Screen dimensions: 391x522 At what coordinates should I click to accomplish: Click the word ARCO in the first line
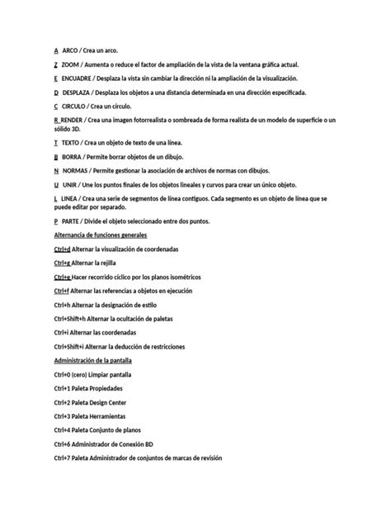71,50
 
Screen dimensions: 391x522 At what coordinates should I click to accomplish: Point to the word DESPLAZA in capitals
78,93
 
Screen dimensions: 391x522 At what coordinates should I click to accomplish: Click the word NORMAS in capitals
77,170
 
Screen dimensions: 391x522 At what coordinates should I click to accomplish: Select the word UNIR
71,184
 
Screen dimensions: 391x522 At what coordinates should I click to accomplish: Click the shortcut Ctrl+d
62,249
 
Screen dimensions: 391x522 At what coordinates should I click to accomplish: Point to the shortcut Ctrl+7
62,458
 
